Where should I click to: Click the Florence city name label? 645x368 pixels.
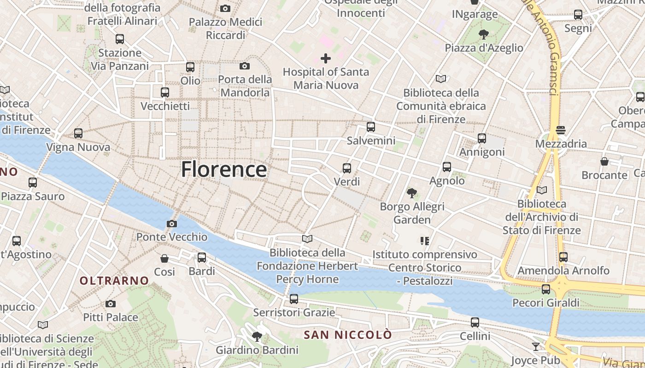point(224,169)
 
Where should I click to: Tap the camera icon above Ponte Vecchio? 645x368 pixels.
point(171,224)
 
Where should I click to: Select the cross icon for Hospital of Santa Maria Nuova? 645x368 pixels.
point(326,58)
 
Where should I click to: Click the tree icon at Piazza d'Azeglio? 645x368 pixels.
point(483,34)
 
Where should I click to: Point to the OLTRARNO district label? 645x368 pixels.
point(114,281)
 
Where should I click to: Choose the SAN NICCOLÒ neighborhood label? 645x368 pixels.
point(348,335)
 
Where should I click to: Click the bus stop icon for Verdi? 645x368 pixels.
point(347,168)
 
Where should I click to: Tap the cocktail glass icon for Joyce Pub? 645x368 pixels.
point(535,346)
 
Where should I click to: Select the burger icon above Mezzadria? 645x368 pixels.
point(561,130)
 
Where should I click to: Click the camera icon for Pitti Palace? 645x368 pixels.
point(110,304)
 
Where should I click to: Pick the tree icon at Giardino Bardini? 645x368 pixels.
point(257,337)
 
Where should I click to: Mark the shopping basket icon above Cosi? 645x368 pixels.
point(164,259)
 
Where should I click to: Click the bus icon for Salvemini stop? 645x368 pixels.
point(371,127)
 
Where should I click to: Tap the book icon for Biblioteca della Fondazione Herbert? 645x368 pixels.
point(307,239)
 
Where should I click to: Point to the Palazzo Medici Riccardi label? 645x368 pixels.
point(226,29)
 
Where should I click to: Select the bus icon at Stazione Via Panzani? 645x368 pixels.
point(120,39)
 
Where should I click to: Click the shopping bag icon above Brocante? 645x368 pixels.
point(604,161)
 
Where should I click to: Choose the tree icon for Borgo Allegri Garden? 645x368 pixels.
point(412,193)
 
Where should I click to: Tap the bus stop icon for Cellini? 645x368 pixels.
point(475,322)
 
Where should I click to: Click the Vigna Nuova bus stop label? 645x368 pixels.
point(78,147)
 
